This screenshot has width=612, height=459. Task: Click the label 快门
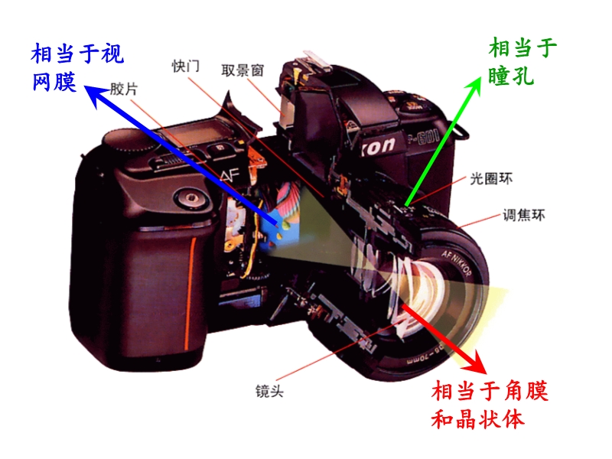coord(186,66)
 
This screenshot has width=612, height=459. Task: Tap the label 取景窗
coord(243,70)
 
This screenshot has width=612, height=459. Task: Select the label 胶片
coord(124,89)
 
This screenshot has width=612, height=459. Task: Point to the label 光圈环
coord(491,179)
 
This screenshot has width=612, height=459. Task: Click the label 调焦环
coord(524,215)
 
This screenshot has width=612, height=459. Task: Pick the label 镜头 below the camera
coord(269,391)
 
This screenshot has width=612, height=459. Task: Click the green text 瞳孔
coord(511,75)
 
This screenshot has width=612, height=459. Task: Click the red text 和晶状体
coord(477,419)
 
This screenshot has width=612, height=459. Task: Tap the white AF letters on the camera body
coord(229,175)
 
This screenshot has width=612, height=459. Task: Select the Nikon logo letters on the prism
coord(376,146)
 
